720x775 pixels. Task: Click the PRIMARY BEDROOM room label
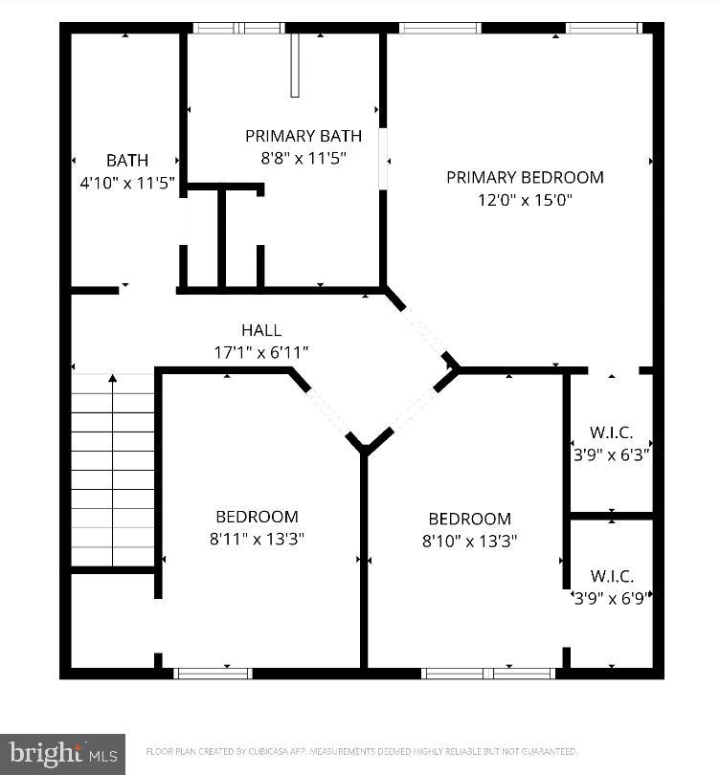pyautogui.click(x=525, y=177)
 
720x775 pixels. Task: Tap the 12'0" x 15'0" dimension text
pyautogui.click(x=525, y=200)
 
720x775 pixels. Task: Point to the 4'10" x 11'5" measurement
pyautogui.click(x=127, y=183)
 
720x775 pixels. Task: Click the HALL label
pyautogui.click(x=261, y=331)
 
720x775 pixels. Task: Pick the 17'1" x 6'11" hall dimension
pyautogui.click(x=261, y=352)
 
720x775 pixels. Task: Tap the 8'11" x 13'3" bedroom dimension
pyautogui.click(x=257, y=539)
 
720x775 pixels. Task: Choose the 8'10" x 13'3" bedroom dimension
pyautogui.click(x=469, y=541)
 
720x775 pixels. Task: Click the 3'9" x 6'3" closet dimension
pyautogui.click(x=612, y=455)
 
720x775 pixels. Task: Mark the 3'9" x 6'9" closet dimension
pyautogui.click(x=612, y=598)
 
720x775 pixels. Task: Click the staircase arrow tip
pyautogui.click(x=113, y=379)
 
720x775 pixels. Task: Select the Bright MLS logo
pyautogui.click(x=62, y=754)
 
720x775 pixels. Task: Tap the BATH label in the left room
pyautogui.click(x=127, y=160)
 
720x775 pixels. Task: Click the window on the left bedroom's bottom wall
pyautogui.click(x=213, y=673)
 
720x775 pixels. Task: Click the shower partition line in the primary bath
pyautogui.click(x=295, y=65)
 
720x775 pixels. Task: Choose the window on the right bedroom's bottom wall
pyautogui.click(x=488, y=673)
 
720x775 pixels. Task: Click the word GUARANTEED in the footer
pyautogui.click(x=546, y=752)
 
